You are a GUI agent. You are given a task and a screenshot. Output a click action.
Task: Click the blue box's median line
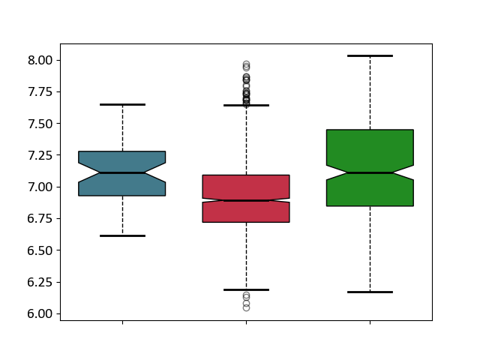[x=122, y=172]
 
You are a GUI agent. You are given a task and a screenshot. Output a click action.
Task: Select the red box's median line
[x=246, y=200]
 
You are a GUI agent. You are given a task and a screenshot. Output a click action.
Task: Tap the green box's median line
[x=370, y=172]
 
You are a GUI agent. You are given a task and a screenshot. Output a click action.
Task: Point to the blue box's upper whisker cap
[x=122, y=104]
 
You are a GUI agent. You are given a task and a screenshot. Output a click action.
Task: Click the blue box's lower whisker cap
[x=122, y=235]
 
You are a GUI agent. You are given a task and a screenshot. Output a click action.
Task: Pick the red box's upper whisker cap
[x=246, y=105]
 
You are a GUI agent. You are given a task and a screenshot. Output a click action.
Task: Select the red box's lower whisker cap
[x=246, y=289]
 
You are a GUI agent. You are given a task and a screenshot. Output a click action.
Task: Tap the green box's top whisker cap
[x=370, y=55]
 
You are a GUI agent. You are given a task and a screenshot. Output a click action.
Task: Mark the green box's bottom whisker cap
[x=370, y=292]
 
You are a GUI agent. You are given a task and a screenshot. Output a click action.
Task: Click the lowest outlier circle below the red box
[x=246, y=307]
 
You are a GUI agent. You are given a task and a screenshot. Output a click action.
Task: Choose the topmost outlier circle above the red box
[x=246, y=64]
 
